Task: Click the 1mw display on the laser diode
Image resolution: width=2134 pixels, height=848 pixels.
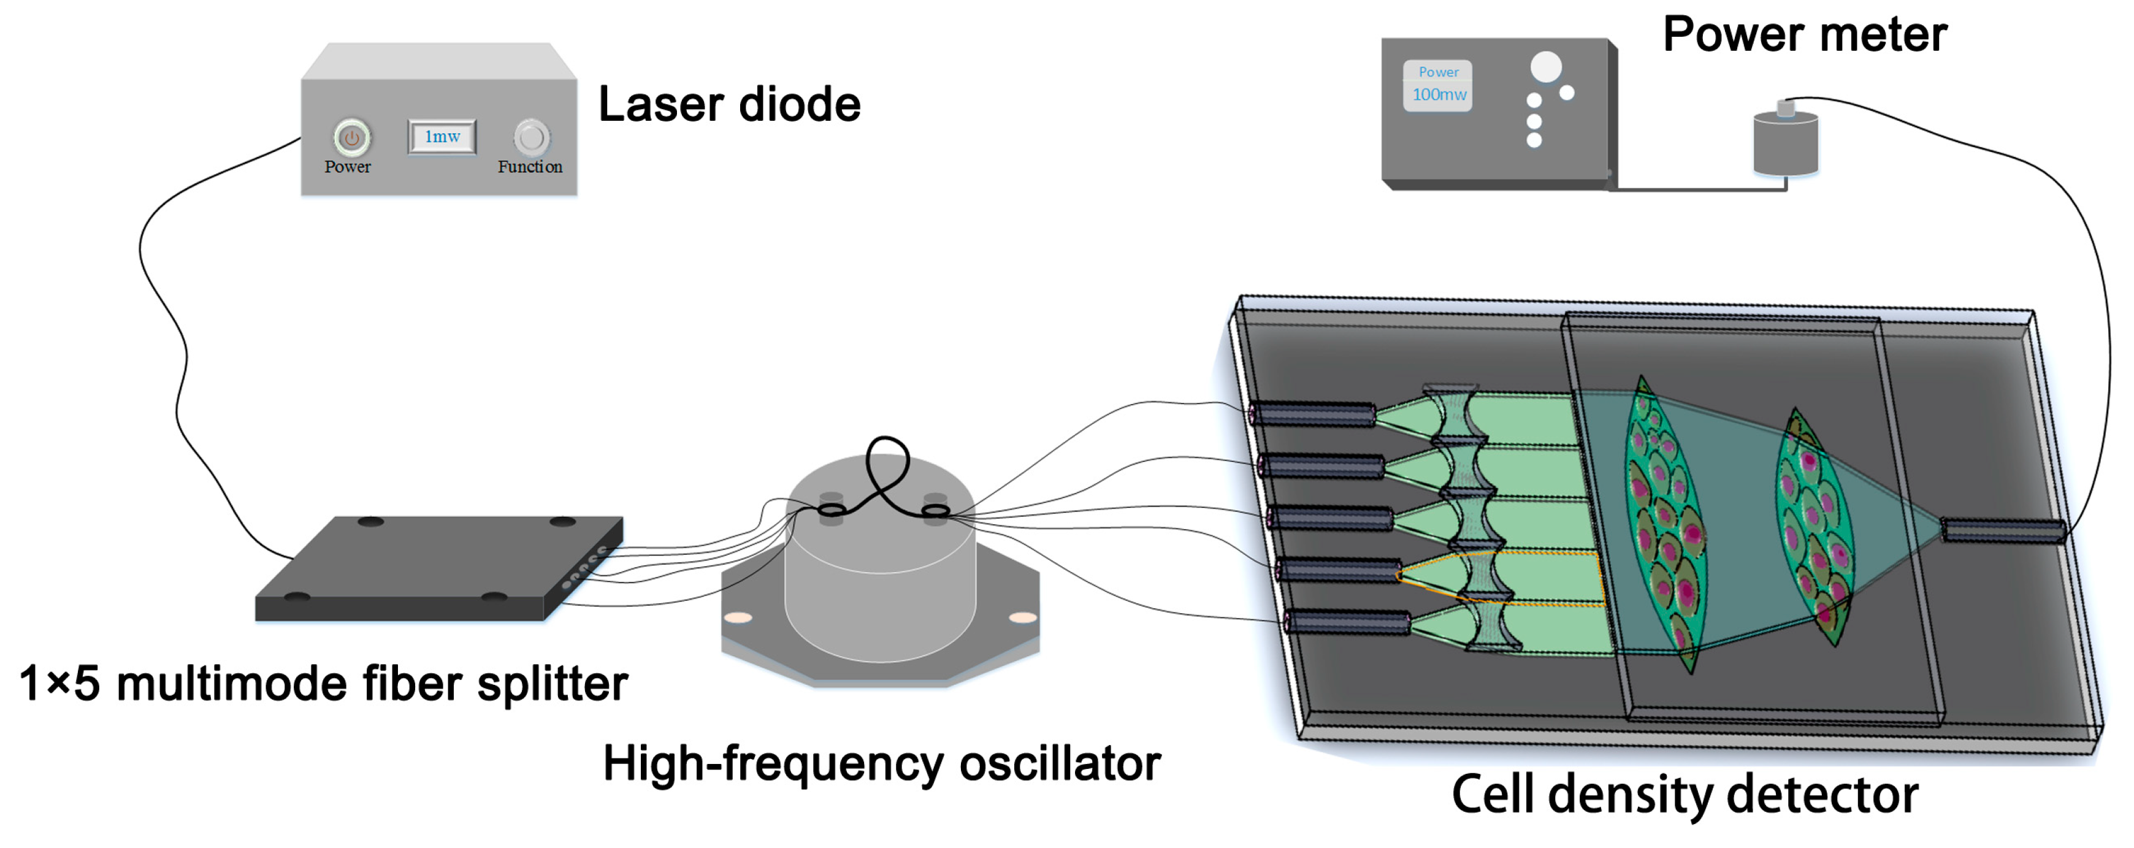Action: coord(442,137)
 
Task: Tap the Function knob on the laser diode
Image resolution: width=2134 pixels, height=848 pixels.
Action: coord(530,137)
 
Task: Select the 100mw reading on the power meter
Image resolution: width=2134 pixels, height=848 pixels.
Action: coord(1439,94)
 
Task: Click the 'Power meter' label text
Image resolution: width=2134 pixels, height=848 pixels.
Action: coord(1804,35)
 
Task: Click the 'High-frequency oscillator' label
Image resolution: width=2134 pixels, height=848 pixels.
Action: coord(881,763)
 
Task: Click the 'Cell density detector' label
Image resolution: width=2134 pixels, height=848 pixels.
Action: coord(1684,795)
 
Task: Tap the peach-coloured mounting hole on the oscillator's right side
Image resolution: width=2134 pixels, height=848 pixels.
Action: coord(1022,618)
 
